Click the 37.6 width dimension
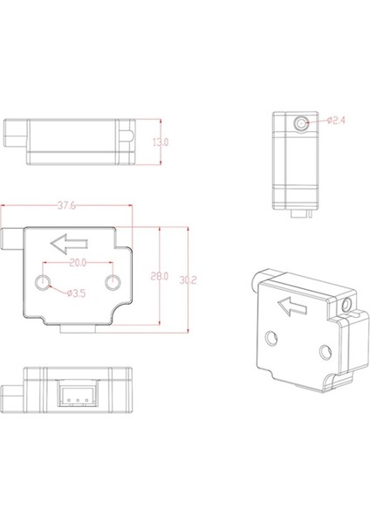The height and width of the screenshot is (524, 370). [x=65, y=207]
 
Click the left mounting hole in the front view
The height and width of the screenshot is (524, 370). [x=45, y=282]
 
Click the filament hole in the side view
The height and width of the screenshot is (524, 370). [x=301, y=122]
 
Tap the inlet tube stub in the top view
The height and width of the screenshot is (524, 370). [x=15, y=136]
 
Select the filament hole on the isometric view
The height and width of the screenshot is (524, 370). [x=347, y=305]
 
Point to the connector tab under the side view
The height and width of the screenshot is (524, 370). [x=301, y=211]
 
